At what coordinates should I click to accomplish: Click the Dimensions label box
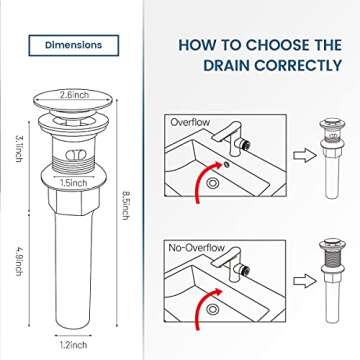[x=73, y=45]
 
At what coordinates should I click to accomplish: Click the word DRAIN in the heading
[x=217, y=66]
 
